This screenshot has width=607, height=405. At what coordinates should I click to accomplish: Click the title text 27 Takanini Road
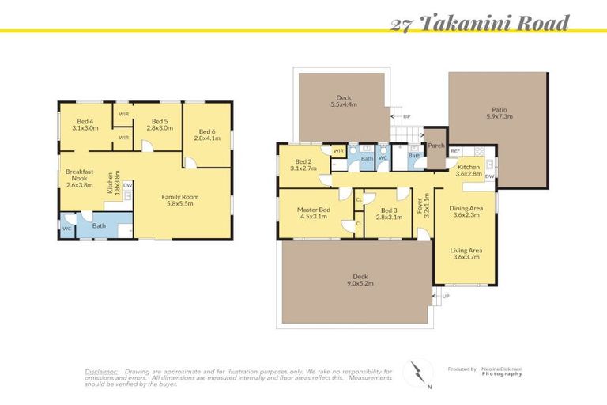pyautogui.click(x=480, y=23)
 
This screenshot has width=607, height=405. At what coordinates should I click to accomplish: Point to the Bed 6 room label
pyautogui.click(x=207, y=135)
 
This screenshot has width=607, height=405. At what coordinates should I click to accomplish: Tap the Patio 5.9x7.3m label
pyautogui.click(x=498, y=112)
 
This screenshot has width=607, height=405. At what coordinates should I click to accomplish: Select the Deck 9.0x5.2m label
pyautogui.click(x=358, y=280)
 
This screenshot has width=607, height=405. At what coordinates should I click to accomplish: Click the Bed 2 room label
pyautogui.click(x=303, y=165)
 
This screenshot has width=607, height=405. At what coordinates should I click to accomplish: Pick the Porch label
pyautogui.click(x=435, y=145)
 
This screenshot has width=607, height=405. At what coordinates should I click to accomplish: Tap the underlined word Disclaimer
pyautogui.click(x=101, y=371)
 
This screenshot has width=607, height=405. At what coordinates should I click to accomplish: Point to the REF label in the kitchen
pyautogui.click(x=455, y=150)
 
